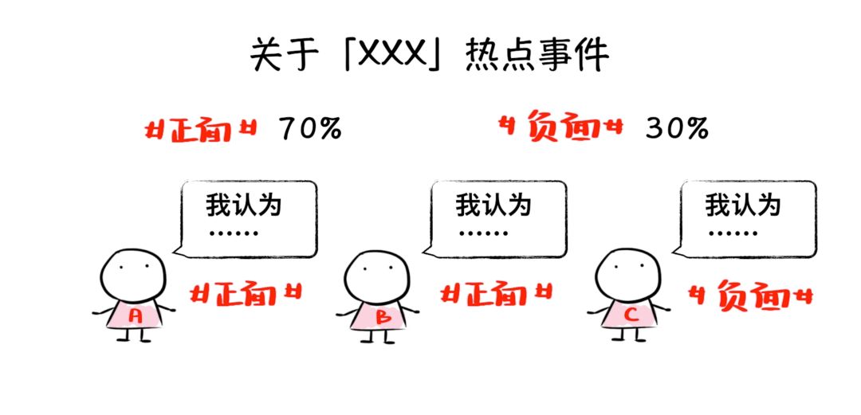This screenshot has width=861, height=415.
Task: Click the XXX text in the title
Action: coord(390,57)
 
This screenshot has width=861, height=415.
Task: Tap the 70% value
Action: coord(310,129)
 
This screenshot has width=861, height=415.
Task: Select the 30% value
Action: coord(677,129)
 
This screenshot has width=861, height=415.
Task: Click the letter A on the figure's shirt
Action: coord(136,315)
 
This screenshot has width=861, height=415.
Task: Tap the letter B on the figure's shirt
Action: coord(383,317)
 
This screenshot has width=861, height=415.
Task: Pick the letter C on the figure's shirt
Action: coord(632,315)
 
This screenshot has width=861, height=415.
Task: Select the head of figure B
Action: coord(377,276)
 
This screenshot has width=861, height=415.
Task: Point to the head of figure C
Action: coord(627,274)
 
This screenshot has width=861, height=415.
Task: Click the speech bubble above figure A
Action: coord(246,217)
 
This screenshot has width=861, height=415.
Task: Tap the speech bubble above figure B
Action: coord(496,217)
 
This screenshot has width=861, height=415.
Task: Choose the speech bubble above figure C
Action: coord(746,217)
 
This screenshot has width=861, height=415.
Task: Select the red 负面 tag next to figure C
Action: coord(749,296)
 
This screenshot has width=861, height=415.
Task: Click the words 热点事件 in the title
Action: coord(537,57)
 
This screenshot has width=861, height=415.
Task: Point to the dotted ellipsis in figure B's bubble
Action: coord(483,234)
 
